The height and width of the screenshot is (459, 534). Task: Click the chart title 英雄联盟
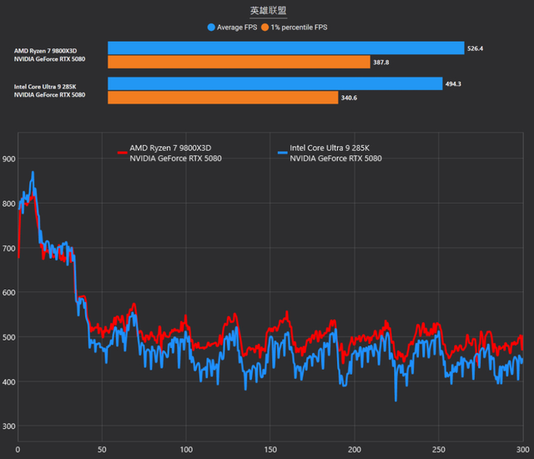pos(266,11)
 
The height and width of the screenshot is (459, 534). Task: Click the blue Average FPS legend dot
pos(211,27)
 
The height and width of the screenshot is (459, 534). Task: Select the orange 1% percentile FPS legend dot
pos(264,27)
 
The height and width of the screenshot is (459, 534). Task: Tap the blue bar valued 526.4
pos(285,48)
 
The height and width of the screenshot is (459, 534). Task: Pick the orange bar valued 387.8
pos(239,62)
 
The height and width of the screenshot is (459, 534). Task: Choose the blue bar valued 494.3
pos(275,83)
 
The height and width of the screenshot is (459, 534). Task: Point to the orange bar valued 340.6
pos(223,98)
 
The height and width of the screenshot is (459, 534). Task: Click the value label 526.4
pos(476,48)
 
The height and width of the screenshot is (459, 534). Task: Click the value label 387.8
pos(381,62)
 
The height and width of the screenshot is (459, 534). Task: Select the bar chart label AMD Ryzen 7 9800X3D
pos(51,50)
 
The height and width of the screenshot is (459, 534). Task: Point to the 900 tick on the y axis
pos(8,159)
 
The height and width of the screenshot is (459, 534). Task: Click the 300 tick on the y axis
pos(8,426)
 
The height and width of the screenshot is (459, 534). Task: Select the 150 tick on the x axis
pos(269,451)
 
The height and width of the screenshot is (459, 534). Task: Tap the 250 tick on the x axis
pos(437,451)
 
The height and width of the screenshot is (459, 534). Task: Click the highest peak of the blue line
pos(33,173)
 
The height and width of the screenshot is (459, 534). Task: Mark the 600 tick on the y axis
pos(8,292)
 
